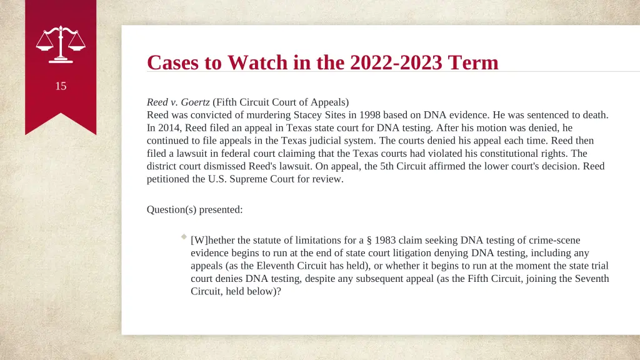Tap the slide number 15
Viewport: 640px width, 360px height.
tap(61, 86)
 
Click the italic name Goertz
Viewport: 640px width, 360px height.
tap(195, 102)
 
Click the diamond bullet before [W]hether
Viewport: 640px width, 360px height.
tap(184, 237)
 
